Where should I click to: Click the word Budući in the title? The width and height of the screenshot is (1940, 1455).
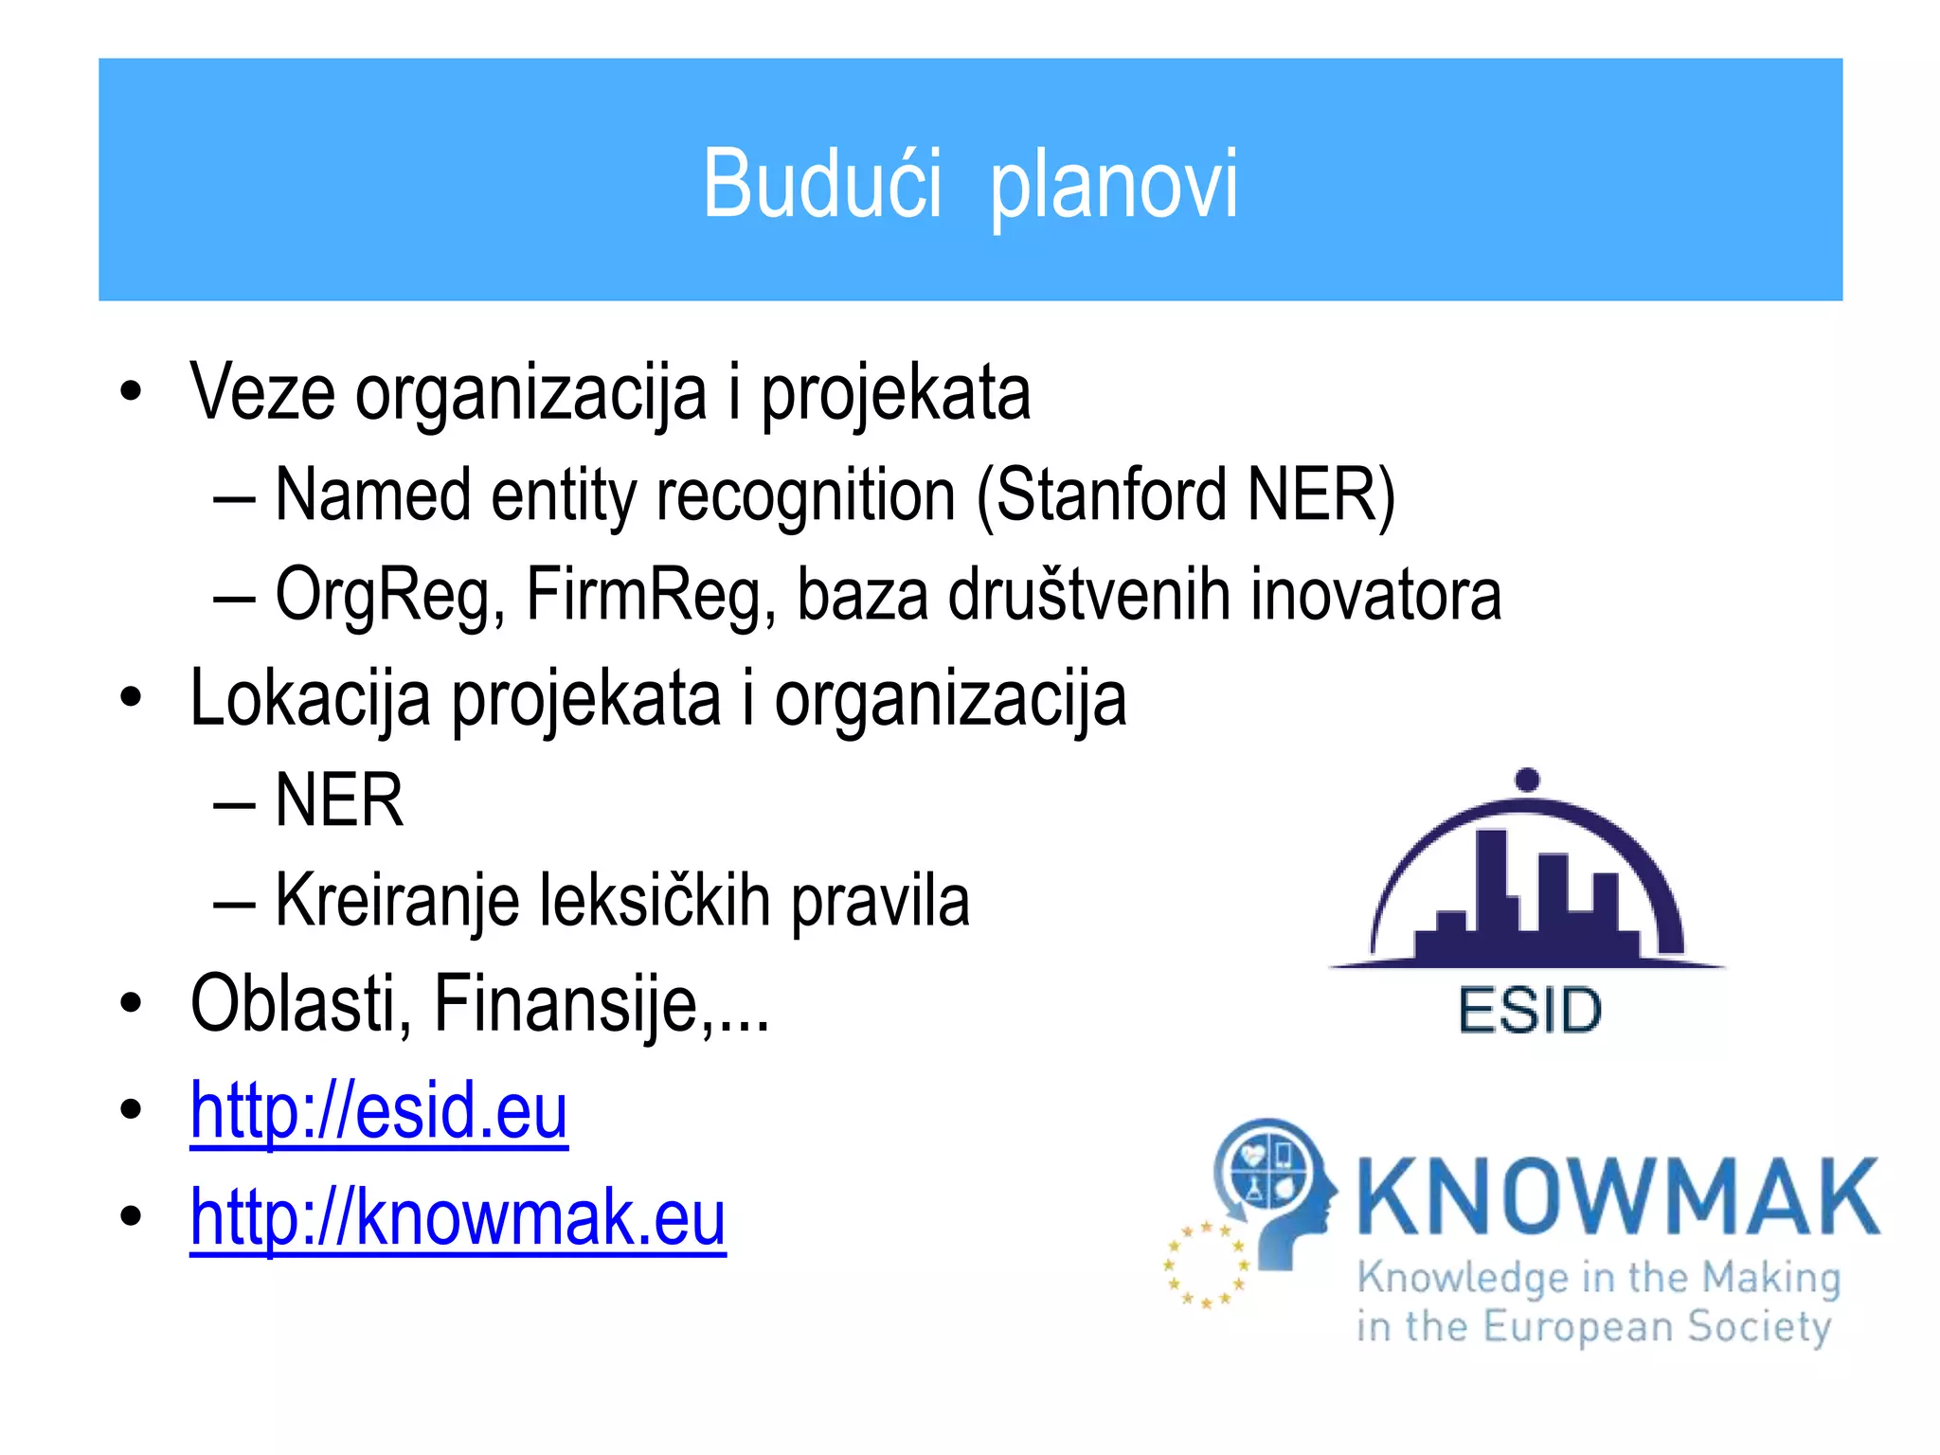[x=821, y=184]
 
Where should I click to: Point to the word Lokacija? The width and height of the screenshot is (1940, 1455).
[x=310, y=699]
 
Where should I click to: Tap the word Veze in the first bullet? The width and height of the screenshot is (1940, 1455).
[x=262, y=392]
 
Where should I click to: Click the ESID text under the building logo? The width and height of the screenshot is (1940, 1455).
[x=1529, y=1011]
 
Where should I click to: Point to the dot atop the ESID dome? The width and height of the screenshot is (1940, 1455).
[x=1527, y=781]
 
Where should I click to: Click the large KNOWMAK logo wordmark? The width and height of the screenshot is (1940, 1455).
[x=1618, y=1197]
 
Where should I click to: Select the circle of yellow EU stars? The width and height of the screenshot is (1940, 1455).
[x=1205, y=1265]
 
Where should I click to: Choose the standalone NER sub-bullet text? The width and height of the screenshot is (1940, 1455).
[x=339, y=800]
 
